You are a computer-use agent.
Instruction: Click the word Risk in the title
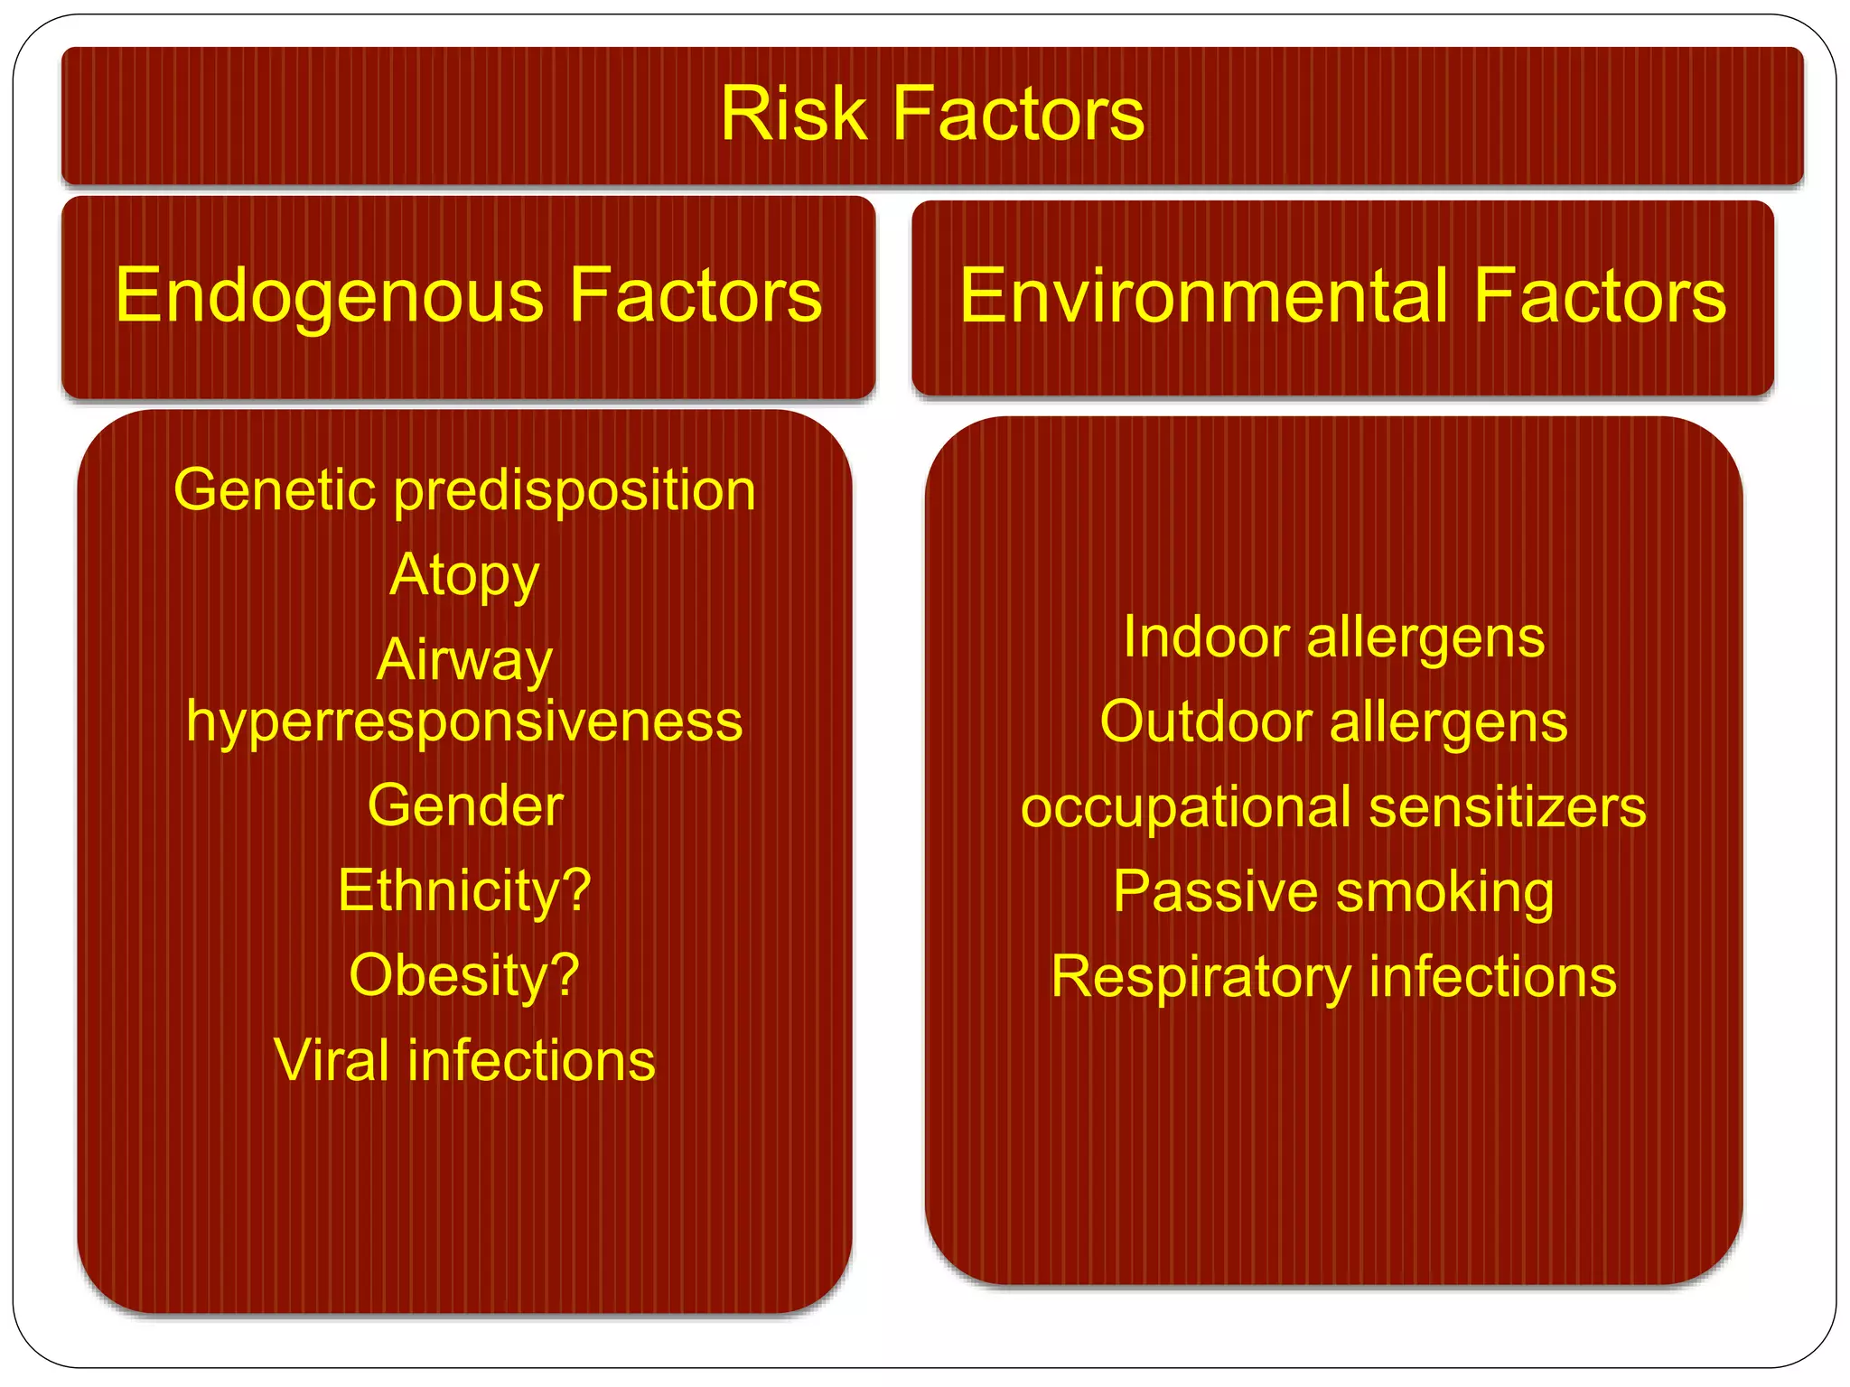[x=793, y=114]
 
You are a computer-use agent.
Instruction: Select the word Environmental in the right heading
[x=1201, y=296]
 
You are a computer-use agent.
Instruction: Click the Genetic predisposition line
[x=464, y=491]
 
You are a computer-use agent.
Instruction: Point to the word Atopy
[x=464, y=575]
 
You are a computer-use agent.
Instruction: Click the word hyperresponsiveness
[x=464, y=722]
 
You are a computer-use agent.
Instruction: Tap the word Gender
[x=464, y=805]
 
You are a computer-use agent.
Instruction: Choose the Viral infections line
[x=464, y=1060]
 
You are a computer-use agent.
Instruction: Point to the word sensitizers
[x=1508, y=806]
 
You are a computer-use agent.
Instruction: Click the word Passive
[x=1215, y=892]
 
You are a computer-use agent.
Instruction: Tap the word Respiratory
[x=1201, y=978]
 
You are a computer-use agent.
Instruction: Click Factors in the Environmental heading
[x=1599, y=296]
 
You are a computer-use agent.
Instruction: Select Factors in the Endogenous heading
[x=696, y=296]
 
